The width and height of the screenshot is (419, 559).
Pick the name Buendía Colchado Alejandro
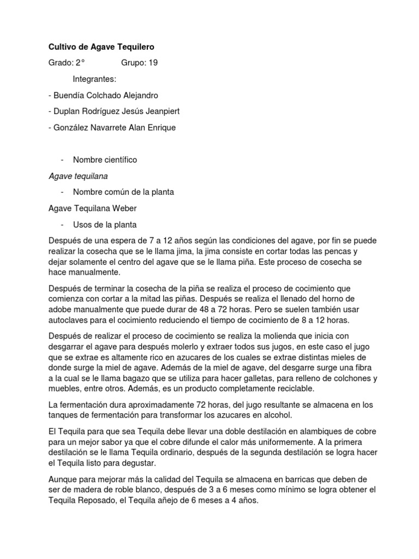tap(105, 95)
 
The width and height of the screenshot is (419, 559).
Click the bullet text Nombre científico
tap(105, 159)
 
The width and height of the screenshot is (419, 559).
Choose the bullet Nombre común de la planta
tap(123, 192)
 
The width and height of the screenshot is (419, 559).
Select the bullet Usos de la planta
tap(105, 224)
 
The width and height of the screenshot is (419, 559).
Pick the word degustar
tap(137, 463)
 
